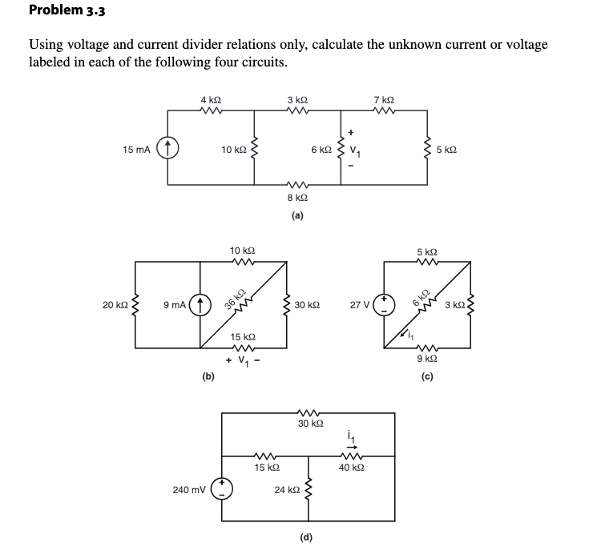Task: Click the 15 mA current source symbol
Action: pyautogui.click(x=167, y=150)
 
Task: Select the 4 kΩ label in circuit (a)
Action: pyautogui.click(x=211, y=99)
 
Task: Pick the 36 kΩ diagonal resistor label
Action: pyautogui.click(x=235, y=297)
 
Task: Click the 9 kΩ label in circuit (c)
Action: pyautogui.click(x=426, y=359)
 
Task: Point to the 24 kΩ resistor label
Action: pyautogui.click(x=286, y=489)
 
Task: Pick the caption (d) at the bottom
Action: pyautogui.click(x=306, y=536)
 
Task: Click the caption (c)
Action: pyautogui.click(x=426, y=377)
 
